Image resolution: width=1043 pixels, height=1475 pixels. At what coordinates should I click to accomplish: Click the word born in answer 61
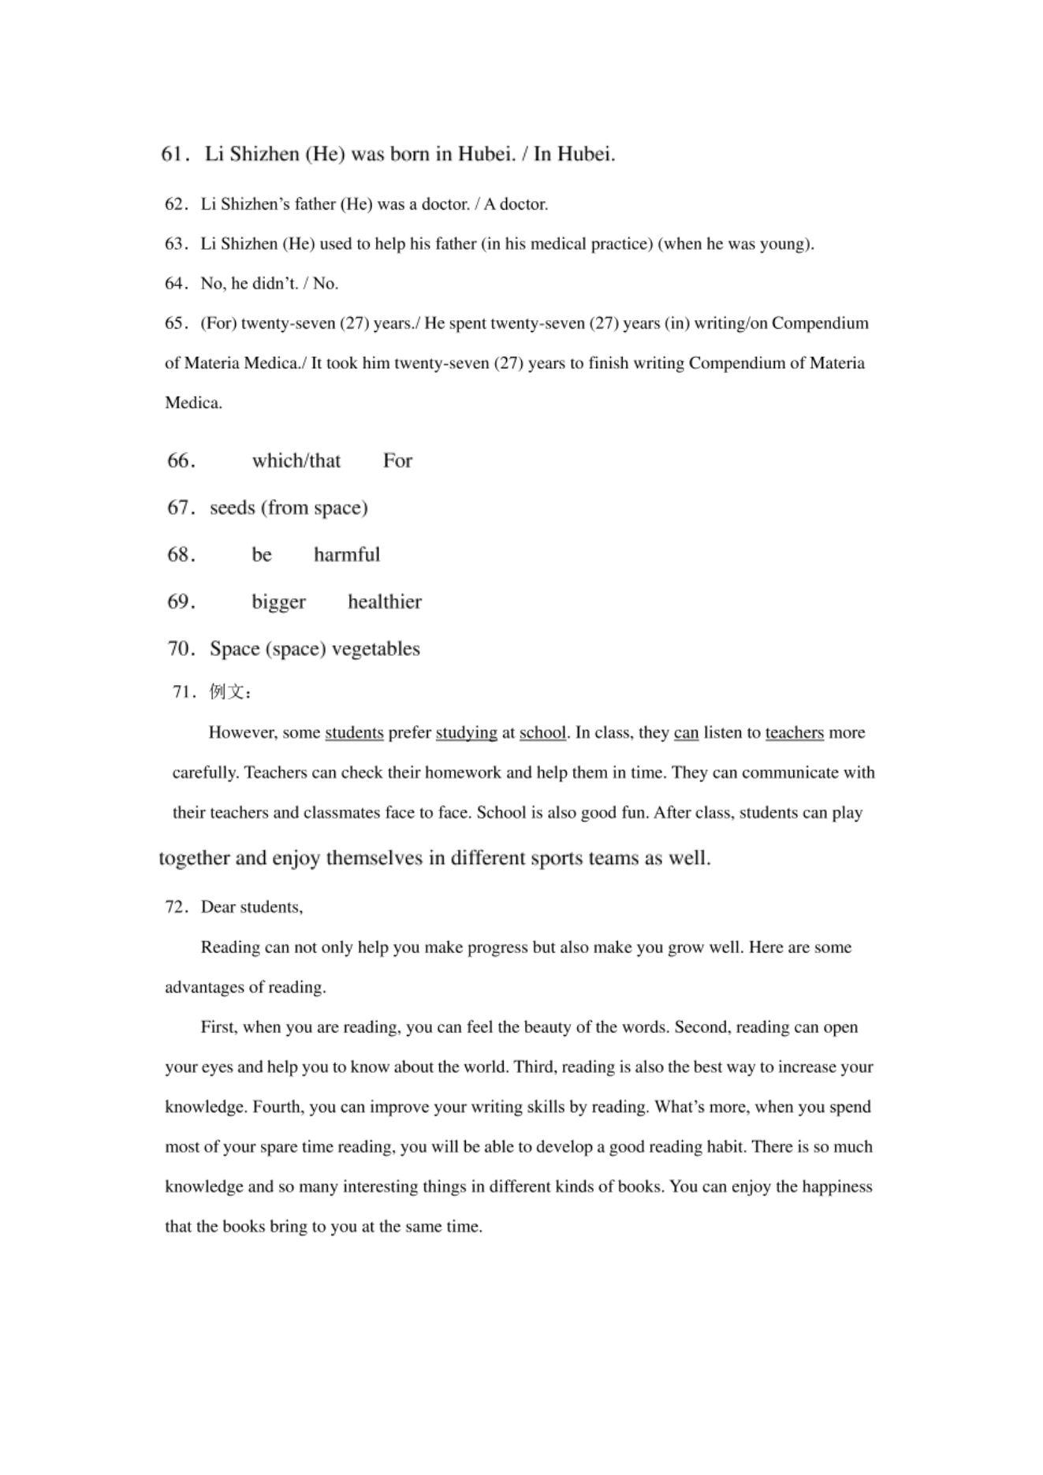tap(410, 154)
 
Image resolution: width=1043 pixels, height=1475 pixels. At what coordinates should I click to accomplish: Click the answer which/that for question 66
tap(296, 460)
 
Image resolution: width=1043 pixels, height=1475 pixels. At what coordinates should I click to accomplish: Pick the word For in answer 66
tap(397, 460)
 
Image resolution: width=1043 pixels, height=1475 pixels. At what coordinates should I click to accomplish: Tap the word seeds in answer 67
tap(233, 508)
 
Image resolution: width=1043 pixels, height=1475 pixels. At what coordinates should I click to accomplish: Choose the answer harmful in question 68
tap(347, 555)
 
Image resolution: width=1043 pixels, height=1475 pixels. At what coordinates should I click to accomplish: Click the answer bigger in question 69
tap(278, 602)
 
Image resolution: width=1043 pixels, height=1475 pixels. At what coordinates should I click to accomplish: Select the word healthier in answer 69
tap(385, 602)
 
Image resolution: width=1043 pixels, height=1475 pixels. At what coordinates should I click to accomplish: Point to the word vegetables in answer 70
tap(376, 649)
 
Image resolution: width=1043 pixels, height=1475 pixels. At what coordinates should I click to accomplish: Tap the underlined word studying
tap(466, 733)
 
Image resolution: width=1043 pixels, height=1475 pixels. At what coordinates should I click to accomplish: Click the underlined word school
tap(542, 733)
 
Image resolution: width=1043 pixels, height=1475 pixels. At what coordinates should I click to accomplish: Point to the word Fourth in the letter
tap(276, 1107)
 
